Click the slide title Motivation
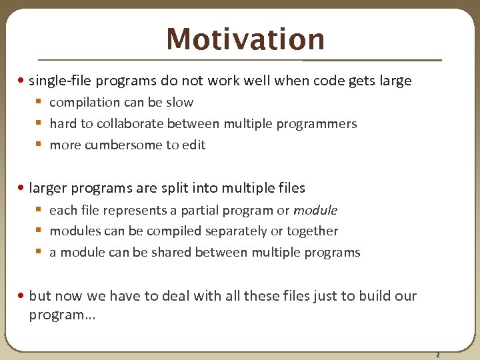click(245, 39)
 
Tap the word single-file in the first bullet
click(61, 81)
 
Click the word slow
click(180, 103)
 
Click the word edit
click(194, 145)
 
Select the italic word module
click(315, 211)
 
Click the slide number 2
click(437, 355)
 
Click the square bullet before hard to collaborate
click(39, 124)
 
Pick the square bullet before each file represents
click(39, 211)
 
